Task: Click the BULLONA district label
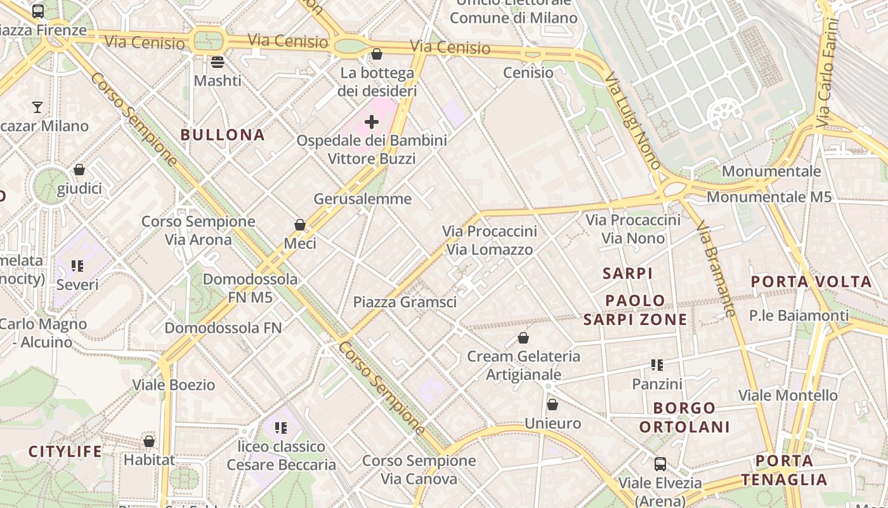222,135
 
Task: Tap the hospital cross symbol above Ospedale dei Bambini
372,122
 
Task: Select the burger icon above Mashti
218,62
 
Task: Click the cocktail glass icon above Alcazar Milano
37,107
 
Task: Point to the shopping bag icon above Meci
300,225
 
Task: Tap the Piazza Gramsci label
405,302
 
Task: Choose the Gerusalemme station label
363,199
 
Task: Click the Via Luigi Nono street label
632,121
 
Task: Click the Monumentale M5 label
769,197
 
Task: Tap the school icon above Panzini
657,365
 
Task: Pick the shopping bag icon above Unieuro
552,404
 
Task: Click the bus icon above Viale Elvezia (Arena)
660,464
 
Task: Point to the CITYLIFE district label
65,452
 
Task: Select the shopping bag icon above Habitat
149,441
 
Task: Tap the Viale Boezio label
173,385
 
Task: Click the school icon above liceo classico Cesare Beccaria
281,428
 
